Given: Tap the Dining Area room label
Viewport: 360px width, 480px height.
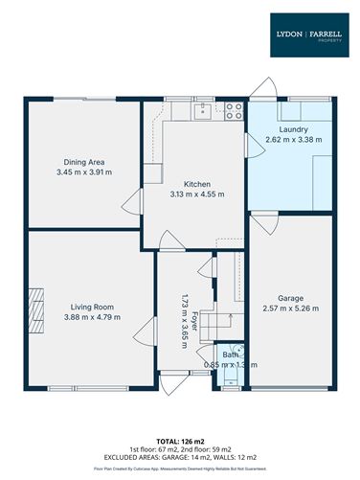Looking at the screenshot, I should (x=84, y=162).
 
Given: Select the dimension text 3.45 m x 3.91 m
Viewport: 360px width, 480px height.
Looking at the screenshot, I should (x=84, y=172).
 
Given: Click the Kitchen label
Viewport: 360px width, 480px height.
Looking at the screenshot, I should (x=197, y=183).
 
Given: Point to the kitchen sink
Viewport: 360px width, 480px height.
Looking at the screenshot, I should (x=203, y=112).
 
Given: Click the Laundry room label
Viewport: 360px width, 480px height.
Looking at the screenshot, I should (x=293, y=129).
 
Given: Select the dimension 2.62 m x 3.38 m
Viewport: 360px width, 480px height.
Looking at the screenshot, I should (x=293, y=140).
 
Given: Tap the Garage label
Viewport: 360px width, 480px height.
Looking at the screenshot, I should (x=290, y=297).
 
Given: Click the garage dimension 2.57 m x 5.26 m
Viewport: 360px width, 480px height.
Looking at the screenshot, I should (x=290, y=308).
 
